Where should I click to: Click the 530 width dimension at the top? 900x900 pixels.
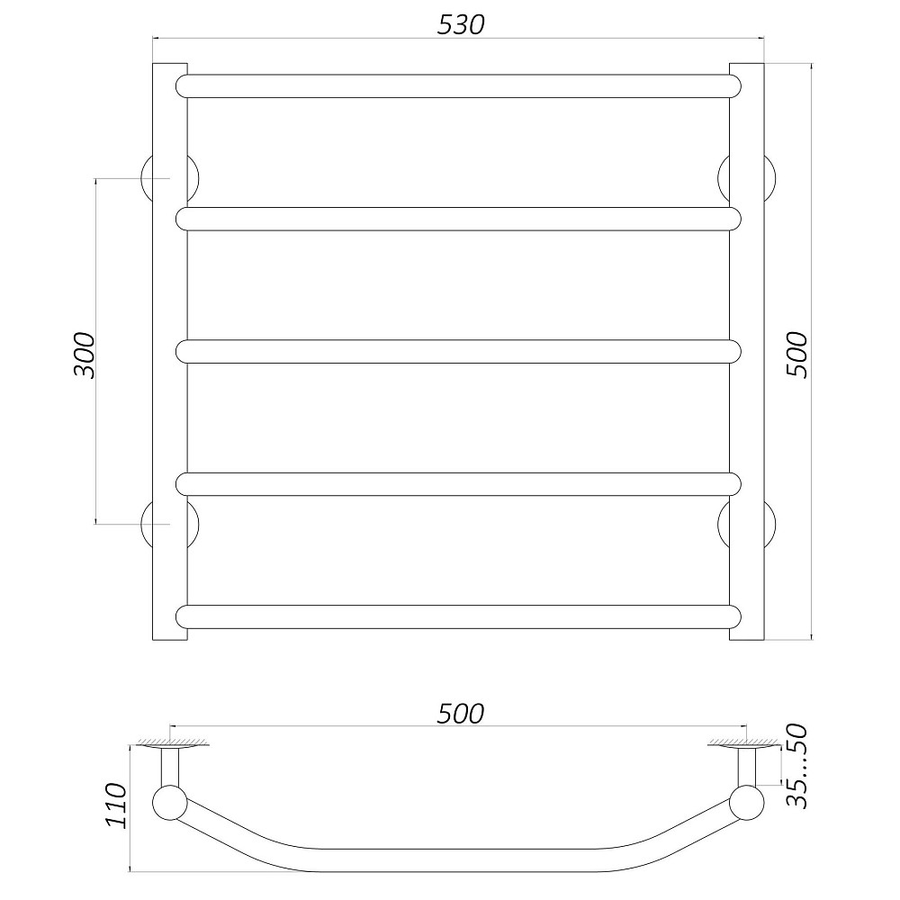[461, 24]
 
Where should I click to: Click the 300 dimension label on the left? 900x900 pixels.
[85, 355]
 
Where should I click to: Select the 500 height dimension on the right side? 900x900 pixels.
[796, 355]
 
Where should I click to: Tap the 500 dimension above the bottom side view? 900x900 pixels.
[460, 714]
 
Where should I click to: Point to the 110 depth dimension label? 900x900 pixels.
[116, 805]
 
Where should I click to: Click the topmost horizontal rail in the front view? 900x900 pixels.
[458, 86]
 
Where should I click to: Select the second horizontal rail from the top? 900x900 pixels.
[458, 219]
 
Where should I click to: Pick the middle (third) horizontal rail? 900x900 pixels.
[458, 351]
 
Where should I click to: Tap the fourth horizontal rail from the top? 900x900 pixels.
[458, 484]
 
